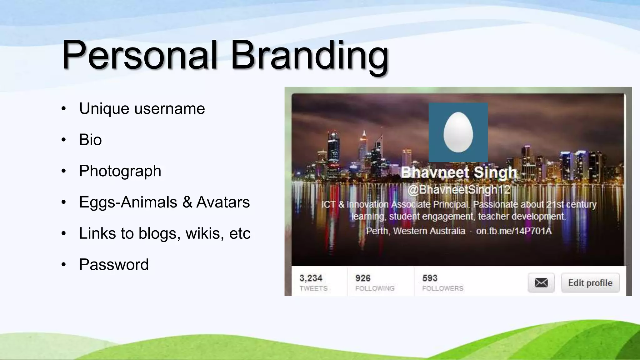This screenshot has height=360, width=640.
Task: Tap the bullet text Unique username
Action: tap(142, 109)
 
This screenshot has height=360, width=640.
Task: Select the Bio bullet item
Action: tap(90, 140)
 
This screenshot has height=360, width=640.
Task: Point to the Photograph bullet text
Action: tap(120, 171)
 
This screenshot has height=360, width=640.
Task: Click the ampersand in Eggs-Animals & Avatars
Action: tap(187, 202)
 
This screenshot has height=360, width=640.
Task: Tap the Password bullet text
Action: tap(114, 265)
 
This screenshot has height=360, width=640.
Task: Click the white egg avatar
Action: tap(458, 132)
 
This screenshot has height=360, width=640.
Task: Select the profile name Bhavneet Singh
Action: tap(459, 172)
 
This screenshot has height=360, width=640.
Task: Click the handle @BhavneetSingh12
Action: tap(459, 189)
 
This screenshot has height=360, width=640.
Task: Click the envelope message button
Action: tap(541, 283)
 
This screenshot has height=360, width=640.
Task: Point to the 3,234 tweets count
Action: tap(311, 278)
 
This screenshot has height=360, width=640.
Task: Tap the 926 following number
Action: tap(363, 278)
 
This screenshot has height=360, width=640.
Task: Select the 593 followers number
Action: tap(430, 278)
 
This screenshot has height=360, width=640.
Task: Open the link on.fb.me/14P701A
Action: tap(514, 231)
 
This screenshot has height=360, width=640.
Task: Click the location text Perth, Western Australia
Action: tap(415, 231)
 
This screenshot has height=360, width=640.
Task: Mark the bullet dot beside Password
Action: tap(64, 265)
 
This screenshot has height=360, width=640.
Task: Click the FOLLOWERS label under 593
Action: tap(442, 288)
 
